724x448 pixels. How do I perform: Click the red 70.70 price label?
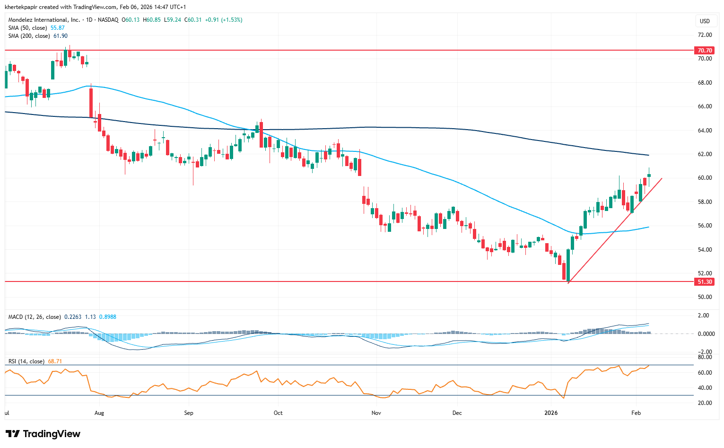[704, 50]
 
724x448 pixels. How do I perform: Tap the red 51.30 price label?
[704, 282]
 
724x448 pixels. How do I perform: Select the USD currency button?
[705, 21]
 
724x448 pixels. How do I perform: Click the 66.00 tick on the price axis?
[705, 106]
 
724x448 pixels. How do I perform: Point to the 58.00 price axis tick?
[705, 202]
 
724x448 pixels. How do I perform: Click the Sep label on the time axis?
[189, 413]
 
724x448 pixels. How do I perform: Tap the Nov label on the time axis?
[376, 413]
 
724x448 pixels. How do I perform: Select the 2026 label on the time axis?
[551, 413]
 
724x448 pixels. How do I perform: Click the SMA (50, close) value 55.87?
[58, 28]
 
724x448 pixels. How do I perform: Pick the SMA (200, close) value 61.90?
[61, 36]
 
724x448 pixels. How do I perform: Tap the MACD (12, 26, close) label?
[35, 317]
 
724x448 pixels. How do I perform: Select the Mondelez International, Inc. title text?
[44, 20]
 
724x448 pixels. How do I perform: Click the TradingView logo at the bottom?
[43, 434]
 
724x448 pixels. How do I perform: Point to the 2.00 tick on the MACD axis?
[703, 316]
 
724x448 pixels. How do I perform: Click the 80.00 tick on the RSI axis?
[705, 357]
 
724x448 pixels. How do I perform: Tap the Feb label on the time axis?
[636, 413]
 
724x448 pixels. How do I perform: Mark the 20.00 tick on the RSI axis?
[705, 403]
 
